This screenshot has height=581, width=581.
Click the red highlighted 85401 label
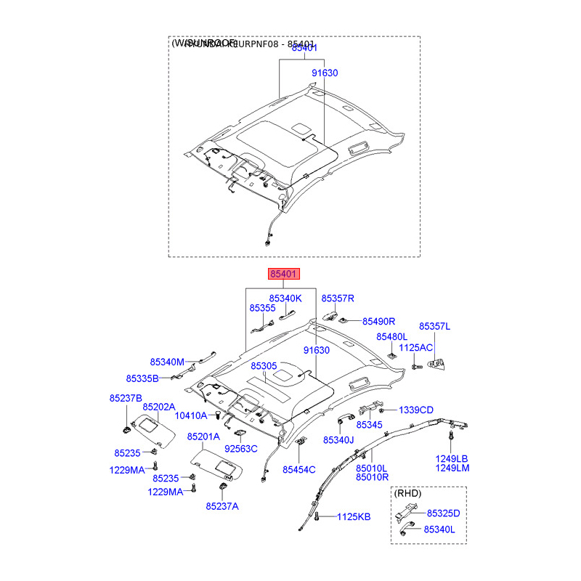point(283,275)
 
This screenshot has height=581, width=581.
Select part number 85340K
point(285,298)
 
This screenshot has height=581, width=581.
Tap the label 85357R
point(338,298)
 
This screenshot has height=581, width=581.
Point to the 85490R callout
point(378,321)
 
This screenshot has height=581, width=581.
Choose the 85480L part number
point(392,337)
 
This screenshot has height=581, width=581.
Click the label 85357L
point(434,327)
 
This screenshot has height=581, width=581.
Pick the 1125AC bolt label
point(417,348)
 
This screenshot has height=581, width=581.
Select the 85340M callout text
point(168,362)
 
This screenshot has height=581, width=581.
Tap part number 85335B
point(142,378)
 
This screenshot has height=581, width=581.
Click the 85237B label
point(126,399)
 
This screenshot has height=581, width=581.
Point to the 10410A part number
point(192,415)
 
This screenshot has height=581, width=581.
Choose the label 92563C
point(240,449)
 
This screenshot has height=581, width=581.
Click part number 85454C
point(298,470)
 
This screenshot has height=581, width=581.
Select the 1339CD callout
point(415,410)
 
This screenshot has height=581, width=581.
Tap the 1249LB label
point(452,458)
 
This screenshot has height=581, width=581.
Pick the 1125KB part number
point(354,517)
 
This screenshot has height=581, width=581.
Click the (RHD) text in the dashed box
point(408,493)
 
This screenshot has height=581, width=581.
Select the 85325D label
point(443,513)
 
